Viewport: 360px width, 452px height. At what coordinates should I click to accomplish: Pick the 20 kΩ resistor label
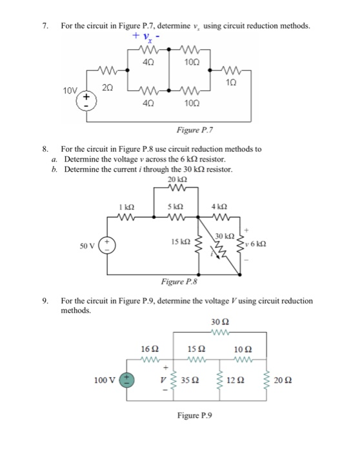pos(175,179)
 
